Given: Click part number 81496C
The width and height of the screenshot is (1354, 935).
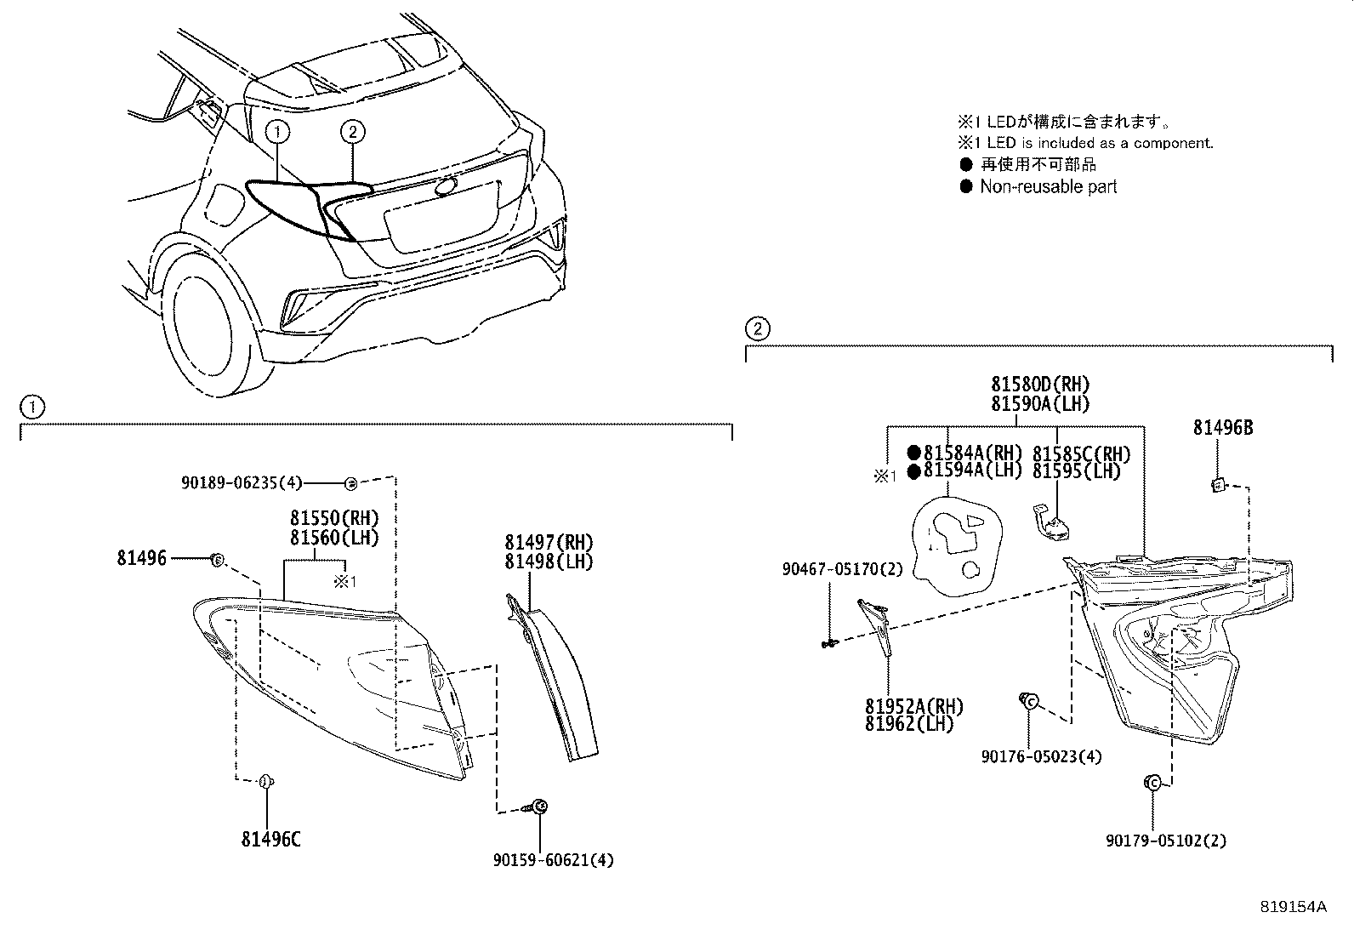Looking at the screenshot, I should pos(270,840).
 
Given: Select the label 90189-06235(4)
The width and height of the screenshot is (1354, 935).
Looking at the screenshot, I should pos(242,482).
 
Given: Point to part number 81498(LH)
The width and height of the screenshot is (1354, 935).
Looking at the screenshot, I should pos(548,562).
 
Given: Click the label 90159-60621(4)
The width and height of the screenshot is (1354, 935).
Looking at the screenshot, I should pos(553,860).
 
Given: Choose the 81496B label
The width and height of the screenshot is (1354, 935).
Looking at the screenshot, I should pos(1222,428).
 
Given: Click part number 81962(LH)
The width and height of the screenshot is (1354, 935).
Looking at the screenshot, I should pos(909,725).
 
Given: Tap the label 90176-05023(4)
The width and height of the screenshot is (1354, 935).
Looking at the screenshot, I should pos(1040,756).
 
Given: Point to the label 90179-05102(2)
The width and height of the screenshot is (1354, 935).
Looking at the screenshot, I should pos(1166,841).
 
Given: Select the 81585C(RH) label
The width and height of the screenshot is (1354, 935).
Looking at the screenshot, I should pos(1081,453).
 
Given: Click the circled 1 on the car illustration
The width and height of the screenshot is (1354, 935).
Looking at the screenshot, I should pos(277,131).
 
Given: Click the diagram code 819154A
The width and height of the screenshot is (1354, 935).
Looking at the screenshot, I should pos(1293,907).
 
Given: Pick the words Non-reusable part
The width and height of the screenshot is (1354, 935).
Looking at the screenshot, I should pos(1048,186).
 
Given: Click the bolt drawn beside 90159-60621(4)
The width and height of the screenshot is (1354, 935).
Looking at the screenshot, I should pos(539,806).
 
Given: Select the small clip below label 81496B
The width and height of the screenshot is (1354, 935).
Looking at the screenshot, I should pos(1217,485).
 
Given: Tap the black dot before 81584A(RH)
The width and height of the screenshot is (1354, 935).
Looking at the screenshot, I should pos(914,453).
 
